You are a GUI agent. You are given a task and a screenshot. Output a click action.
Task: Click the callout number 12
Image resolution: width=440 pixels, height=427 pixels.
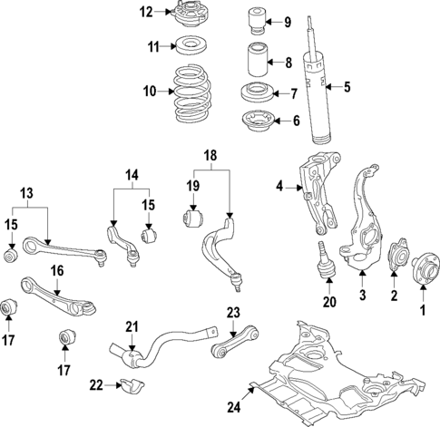pos(148,12)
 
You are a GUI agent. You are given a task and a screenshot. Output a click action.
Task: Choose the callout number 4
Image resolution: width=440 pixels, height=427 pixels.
pos(280,188)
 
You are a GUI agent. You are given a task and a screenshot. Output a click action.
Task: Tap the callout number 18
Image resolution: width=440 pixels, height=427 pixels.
pos(210,155)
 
